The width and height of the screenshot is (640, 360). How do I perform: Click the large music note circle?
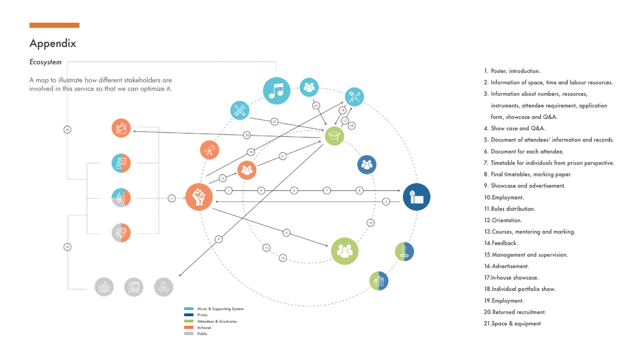click(277, 91)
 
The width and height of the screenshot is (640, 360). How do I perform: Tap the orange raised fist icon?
click(199, 197)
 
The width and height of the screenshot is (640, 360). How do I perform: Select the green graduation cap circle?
click(334, 136)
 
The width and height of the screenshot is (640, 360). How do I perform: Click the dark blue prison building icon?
click(416, 197)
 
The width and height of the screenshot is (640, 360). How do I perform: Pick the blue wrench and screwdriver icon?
click(239, 110)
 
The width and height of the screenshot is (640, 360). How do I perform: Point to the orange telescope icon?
click(209, 150)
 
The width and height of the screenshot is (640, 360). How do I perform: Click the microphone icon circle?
click(354, 96)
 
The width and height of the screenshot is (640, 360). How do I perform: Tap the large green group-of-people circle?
click(344, 251)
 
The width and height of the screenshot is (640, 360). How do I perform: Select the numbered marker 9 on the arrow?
click(218, 239)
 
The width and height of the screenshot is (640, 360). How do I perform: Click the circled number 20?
click(247, 135)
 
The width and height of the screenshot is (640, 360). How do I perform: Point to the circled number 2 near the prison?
click(386, 202)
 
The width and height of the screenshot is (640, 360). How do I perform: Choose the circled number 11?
click(172, 198)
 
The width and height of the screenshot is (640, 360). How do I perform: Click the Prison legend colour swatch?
click(189, 315)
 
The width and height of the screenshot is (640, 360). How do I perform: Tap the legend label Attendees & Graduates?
click(217, 322)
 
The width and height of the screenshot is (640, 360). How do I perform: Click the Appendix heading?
click(53, 44)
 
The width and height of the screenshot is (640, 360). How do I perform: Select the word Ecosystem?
click(46, 62)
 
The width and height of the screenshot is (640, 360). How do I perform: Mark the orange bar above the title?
click(54, 25)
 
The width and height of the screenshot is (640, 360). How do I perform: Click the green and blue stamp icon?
click(404, 251)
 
